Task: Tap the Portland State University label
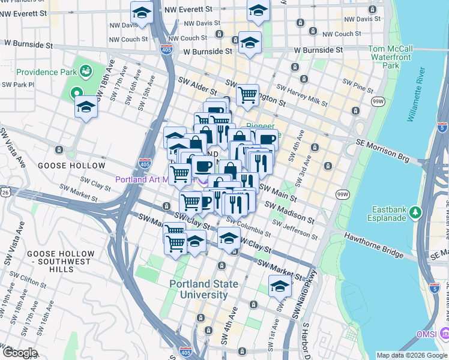203,289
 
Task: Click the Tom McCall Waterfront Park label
390,57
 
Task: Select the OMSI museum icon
444,333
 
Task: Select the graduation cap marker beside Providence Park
86,108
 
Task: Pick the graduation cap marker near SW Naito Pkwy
280,287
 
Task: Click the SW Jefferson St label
292,229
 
